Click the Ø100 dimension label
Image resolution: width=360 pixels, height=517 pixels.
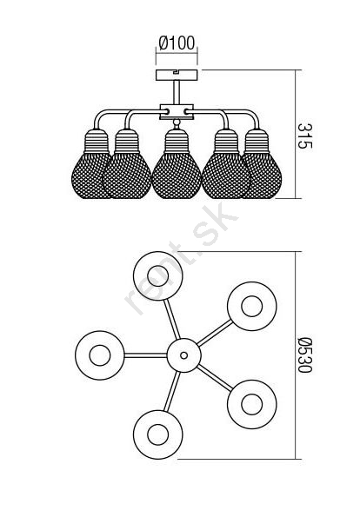coord(177,43)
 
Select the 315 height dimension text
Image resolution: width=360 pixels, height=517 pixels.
coord(304,136)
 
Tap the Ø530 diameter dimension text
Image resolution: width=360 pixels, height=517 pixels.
coord(304,355)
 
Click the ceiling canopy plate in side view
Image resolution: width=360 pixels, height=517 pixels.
coord(177,76)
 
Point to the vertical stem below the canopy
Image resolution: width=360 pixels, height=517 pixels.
coord(177,93)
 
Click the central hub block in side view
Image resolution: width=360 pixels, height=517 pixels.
coord(177,112)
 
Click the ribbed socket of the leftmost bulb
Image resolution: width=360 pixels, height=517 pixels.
coord(97,141)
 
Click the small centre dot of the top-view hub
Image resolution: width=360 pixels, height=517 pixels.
coord(183,355)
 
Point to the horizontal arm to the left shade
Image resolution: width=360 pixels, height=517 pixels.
coord(146,355)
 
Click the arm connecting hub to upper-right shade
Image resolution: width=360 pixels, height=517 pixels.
coord(215,333)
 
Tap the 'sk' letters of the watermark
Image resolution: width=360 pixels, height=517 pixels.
coord(216,224)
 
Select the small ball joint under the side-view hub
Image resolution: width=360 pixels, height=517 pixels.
coord(177,123)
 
